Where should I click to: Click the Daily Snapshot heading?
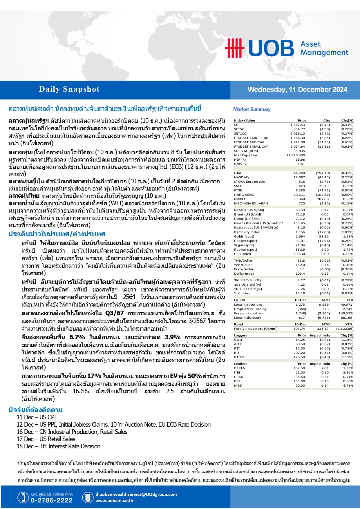pos(69,89)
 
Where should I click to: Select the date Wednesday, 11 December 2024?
pos(297,90)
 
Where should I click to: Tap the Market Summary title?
pos(252,109)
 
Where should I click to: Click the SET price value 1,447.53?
pos(297,125)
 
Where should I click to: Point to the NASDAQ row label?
pos(241,177)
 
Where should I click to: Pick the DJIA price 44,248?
pos(299,173)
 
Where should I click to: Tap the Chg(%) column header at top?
pos(347,121)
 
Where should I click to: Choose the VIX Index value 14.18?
pos(300,294)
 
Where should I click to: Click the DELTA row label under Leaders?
pos(239,368)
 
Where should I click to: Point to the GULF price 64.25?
pos(300,340)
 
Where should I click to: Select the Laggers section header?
pos(240,336)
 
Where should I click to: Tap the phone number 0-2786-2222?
pos(51,500)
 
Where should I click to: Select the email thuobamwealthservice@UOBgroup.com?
pos(136,494)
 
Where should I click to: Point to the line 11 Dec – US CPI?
pos(36,417)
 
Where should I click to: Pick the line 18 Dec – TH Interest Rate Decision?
pos(58,446)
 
